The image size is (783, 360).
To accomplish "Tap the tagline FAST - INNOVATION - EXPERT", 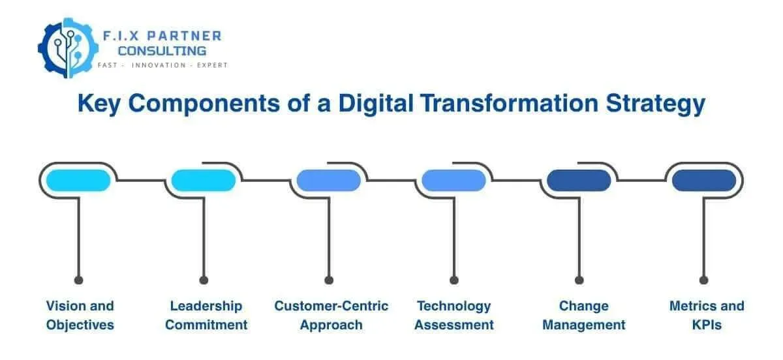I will pyautogui.click(x=162, y=66).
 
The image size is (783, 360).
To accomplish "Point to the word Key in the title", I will pyautogui.click(x=100, y=104).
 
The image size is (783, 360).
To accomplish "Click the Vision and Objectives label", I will pyautogui.click(x=80, y=315).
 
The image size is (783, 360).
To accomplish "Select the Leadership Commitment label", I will pyautogui.click(x=206, y=315).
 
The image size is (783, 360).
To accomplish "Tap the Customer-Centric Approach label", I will pyautogui.click(x=331, y=315).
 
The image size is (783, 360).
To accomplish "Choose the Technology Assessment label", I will pyautogui.click(x=455, y=315).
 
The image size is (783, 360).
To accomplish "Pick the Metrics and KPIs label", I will pyautogui.click(x=706, y=315).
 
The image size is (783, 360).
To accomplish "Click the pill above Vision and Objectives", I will pyautogui.click(x=78, y=180).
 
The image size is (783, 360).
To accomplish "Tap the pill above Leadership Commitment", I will pyautogui.click(x=203, y=180).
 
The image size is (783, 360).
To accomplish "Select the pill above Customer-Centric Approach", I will pyautogui.click(x=328, y=180).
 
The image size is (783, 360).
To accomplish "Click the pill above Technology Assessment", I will pyautogui.click(x=453, y=180).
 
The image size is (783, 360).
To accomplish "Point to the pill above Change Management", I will pyautogui.click(x=579, y=180).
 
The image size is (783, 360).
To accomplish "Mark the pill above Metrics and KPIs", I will pyautogui.click(x=704, y=180).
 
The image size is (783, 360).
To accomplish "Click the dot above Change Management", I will pyautogui.click(x=579, y=280).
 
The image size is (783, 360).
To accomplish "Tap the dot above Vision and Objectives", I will pyautogui.click(x=79, y=280).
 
